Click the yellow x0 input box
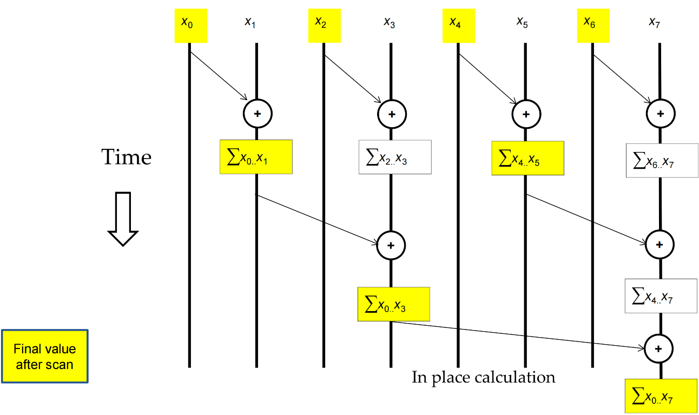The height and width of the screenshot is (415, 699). tap(190, 25)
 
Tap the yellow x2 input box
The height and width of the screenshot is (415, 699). tap(324, 25)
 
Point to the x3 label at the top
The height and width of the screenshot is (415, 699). tap(390, 22)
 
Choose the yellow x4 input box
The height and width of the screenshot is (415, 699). tap(458, 25)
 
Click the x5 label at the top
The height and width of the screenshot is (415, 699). tap(522, 22)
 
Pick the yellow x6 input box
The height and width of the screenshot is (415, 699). tap(593, 25)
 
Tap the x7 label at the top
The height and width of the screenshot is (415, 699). tap(655, 22)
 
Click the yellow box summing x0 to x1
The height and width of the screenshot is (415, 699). tap(256, 157)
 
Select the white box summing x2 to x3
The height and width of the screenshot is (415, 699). tap(395, 157)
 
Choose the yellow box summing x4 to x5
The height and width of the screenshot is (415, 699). tap(527, 158)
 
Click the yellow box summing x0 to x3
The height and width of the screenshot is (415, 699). tap(393, 304)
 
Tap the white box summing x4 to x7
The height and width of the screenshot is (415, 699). tap(661, 295)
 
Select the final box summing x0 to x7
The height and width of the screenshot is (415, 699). tap(661, 396)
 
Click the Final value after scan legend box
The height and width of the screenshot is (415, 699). tap(44, 356)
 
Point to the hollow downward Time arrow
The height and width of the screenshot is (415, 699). tap(123, 219)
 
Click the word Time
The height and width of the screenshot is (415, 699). tap(127, 157)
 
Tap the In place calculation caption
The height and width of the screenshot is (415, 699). tap(483, 377)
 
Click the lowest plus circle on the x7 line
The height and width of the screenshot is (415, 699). tap(659, 348)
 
